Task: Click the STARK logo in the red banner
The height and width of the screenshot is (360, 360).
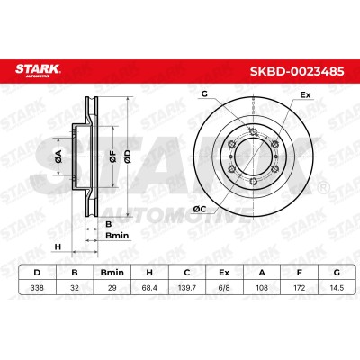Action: point(38,70)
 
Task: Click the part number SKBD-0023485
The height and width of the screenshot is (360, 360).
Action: point(297,72)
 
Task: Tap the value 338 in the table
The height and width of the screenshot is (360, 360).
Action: point(37,288)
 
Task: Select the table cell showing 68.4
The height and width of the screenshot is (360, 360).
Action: point(149,288)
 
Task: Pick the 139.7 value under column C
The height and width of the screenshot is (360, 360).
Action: point(186,288)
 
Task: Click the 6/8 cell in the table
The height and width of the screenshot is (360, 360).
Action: point(224,288)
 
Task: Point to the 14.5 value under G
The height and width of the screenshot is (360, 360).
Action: point(337,288)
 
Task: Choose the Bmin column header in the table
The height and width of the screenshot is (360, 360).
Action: point(112,273)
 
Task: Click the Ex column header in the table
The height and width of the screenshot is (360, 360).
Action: point(224,273)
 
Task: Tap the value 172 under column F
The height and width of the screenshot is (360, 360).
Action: point(299,288)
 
